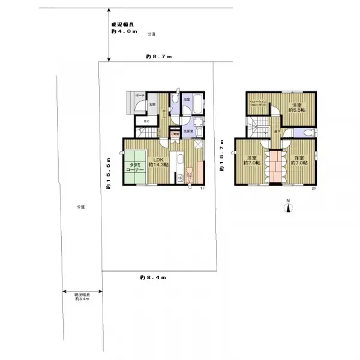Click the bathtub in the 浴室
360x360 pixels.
point(193,110)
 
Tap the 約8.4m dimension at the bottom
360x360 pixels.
point(153,277)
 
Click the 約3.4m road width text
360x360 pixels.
point(82,298)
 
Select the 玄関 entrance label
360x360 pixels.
point(152,104)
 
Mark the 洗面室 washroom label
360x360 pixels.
point(188,131)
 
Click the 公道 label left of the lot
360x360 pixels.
point(80,207)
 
